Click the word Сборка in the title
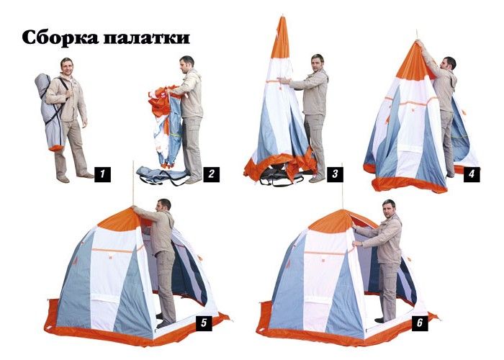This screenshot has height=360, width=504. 60,37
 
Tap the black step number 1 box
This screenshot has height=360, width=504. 102,174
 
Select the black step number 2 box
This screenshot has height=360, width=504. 211,174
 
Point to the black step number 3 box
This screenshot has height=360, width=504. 335,174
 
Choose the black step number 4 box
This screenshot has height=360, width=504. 472,174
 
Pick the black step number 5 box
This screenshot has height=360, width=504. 204,323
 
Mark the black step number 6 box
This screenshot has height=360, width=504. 420,323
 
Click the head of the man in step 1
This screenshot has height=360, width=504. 67,66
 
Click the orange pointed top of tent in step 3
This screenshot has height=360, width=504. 280,39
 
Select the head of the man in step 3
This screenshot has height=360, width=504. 318,63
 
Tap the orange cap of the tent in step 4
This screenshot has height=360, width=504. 414,63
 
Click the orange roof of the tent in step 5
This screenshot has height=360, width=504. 120,220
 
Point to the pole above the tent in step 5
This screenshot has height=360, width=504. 132,183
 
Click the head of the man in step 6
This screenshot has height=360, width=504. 389,208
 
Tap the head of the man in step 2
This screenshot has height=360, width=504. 186,64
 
